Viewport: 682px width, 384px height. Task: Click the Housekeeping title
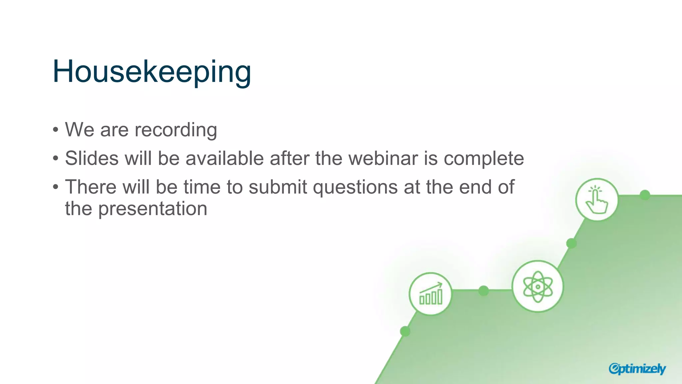pyautogui.click(x=152, y=71)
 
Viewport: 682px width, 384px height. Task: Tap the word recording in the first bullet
pyautogui.click(x=175, y=130)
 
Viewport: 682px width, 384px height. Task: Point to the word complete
pyautogui.click(x=484, y=159)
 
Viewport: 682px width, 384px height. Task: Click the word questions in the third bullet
pyautogui.click(x=355, y=187)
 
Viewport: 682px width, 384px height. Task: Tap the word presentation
pyautogui.click(x=153, y=209)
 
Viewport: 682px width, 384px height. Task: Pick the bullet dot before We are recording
pyautogui.click(x=56, y=129)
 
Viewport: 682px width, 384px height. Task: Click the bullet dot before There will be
pyautogui.click(x=56, y=187)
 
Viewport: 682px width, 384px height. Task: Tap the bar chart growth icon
pyautogui.click(x=431, y=294)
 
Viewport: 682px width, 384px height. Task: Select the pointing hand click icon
pyautogui.click(x=597, y=200)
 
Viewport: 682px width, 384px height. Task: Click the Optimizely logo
pyautogui.click(x=637, y=369)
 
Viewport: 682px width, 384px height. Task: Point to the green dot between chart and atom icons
pyautogui.click(x=484, y=291)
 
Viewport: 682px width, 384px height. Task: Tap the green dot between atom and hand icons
pyautogui.click(x=571, y=243)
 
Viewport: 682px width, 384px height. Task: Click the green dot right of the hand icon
pyautogui.click(x=645, y=195)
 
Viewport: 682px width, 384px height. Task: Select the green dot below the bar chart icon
pyautogui.click(x=405, y=331)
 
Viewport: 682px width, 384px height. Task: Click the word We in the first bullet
pyautogui.click(x=80, y=130)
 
